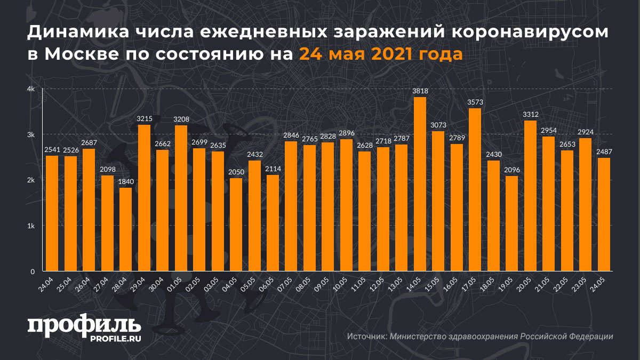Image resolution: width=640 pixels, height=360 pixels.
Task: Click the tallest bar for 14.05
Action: click(420, 184)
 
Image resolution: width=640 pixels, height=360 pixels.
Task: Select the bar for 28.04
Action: click(126, 229)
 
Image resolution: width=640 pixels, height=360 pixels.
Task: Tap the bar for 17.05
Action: click(475, 189)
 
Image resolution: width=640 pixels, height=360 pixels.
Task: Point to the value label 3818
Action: click(420, 91)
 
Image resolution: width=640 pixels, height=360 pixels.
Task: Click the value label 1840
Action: click(126, 182)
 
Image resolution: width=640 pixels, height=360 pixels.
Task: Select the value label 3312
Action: click(530, 115)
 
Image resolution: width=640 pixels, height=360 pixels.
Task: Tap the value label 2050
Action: click(236, 172)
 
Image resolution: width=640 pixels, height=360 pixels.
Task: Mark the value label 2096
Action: click(512, 170)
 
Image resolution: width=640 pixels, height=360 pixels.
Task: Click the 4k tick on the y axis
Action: click(31, 89)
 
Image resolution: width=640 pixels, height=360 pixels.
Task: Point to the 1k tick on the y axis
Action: click(31, 226)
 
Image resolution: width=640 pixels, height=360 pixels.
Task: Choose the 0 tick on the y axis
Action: click(33, 271)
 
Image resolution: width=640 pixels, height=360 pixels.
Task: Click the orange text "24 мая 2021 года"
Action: click(380, 54)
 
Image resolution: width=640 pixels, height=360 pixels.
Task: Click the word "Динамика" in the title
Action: click(80, 33)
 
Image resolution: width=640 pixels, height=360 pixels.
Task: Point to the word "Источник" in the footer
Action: click(366, 337)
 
